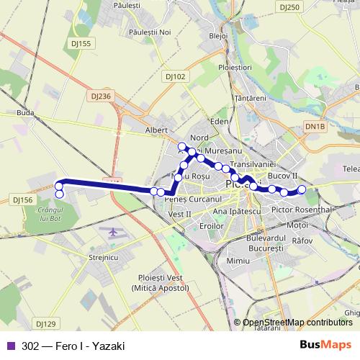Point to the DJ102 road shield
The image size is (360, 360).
(x=175, y=76)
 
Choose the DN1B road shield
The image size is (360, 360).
(x=315, y=127)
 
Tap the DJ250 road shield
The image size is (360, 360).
(x=289, y=7)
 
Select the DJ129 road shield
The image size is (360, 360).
(x=45, y=324)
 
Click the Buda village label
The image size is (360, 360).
(x=25, y=114)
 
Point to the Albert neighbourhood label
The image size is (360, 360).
(x=156, y=130)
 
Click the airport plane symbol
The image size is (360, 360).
(x=114, y=232)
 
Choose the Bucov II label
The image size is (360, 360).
(x=282, y=175)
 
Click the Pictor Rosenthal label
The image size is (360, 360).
(x=302, y=210)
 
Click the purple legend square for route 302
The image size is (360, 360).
(x=11, y=346)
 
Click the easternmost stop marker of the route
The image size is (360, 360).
(x=302, y=189)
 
